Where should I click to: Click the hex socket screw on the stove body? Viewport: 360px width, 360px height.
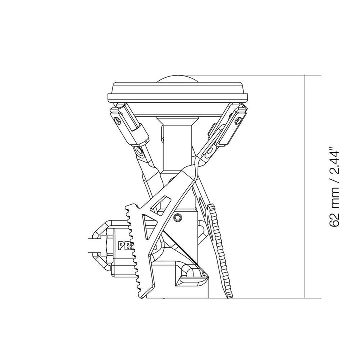point(178,217)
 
